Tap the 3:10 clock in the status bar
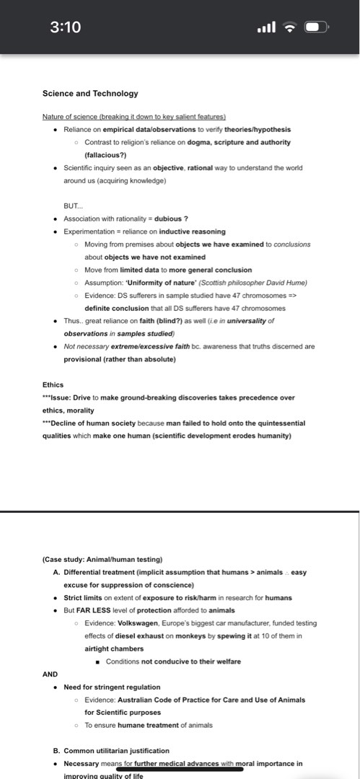pos(65,27)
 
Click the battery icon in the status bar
pos(317,27)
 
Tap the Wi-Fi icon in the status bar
pos(291,27)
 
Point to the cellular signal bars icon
pos(266,27)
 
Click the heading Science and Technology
pos(90,93)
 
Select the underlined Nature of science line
pos(134,117)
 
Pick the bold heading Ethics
pos(53,384)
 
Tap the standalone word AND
pos(50,674)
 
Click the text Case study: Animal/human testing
pos(103,559)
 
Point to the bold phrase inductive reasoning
pos(192,232)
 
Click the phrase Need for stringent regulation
pos(112,687)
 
